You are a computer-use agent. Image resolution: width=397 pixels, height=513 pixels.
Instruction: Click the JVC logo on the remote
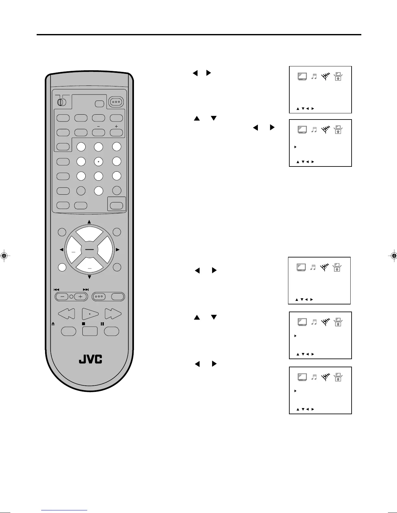point(90,359)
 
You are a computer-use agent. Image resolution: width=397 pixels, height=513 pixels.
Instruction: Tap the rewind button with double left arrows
point(66,313)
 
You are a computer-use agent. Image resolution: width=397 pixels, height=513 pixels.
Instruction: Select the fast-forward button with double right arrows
point(113,313)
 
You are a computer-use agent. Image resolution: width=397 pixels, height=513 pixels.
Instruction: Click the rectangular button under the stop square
point(90,331)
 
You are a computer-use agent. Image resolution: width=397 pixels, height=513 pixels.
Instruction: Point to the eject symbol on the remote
point(53,324)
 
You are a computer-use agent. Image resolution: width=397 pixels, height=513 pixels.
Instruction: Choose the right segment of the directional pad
point(104,250)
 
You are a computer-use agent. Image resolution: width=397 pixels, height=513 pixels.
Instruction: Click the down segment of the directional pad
point(89,266)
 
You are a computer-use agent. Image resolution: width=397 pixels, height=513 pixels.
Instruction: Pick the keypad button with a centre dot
point(98,161)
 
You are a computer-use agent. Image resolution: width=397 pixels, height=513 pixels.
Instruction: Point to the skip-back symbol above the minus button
point(56,290)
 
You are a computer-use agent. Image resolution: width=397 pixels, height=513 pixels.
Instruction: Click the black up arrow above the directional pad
point(89,222)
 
